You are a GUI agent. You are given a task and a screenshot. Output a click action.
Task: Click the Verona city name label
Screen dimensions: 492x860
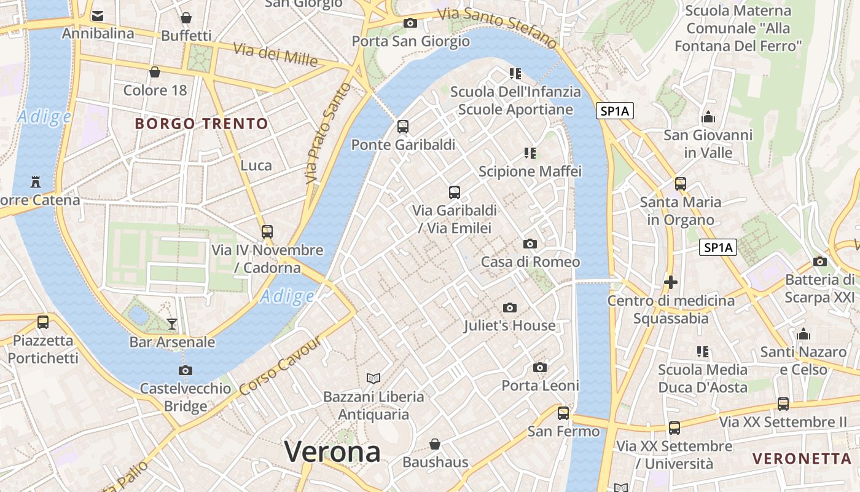pos(332,452)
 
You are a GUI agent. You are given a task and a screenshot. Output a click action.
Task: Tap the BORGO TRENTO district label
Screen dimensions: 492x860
pos(201,124)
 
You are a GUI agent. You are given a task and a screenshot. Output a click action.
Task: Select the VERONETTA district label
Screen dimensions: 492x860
pos(802,458)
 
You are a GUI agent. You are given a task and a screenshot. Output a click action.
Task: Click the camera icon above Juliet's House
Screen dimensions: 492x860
pos(509,307)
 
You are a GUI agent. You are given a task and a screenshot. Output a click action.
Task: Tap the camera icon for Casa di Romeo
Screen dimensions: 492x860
pos(530,244)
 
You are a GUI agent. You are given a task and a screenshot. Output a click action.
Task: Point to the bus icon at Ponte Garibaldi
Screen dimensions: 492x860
pos(403,127)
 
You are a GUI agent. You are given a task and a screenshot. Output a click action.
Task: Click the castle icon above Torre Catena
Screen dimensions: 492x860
pos(35,182)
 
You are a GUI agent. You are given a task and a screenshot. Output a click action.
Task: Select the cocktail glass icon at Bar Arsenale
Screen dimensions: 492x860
pos(172,323)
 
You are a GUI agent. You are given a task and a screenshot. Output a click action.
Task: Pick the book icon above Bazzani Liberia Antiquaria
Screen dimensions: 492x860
pos(373,378)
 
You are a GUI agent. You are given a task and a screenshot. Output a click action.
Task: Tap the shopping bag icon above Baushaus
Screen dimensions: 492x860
pos(435,444)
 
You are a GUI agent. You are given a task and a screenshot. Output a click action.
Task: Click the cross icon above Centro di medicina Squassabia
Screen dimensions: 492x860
pos(671,283)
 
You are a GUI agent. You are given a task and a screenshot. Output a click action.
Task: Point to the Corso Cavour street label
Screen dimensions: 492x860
pos(280,367)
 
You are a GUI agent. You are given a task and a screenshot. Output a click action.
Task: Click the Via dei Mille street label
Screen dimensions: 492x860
pos(275,55)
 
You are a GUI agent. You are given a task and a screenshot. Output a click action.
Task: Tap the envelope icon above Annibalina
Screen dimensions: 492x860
pos(98,16)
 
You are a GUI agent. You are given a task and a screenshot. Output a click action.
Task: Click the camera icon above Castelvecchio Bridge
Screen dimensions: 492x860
pos(185,370)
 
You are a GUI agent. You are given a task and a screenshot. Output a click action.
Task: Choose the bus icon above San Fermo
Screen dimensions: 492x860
pos(563,413)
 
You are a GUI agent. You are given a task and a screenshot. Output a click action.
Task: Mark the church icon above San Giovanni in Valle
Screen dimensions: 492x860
pos(708,117)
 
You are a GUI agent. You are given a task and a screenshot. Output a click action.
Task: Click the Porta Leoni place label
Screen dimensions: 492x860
pos(540,386)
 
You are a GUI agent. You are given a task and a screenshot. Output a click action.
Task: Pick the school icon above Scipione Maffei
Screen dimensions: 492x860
pos(530,153)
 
